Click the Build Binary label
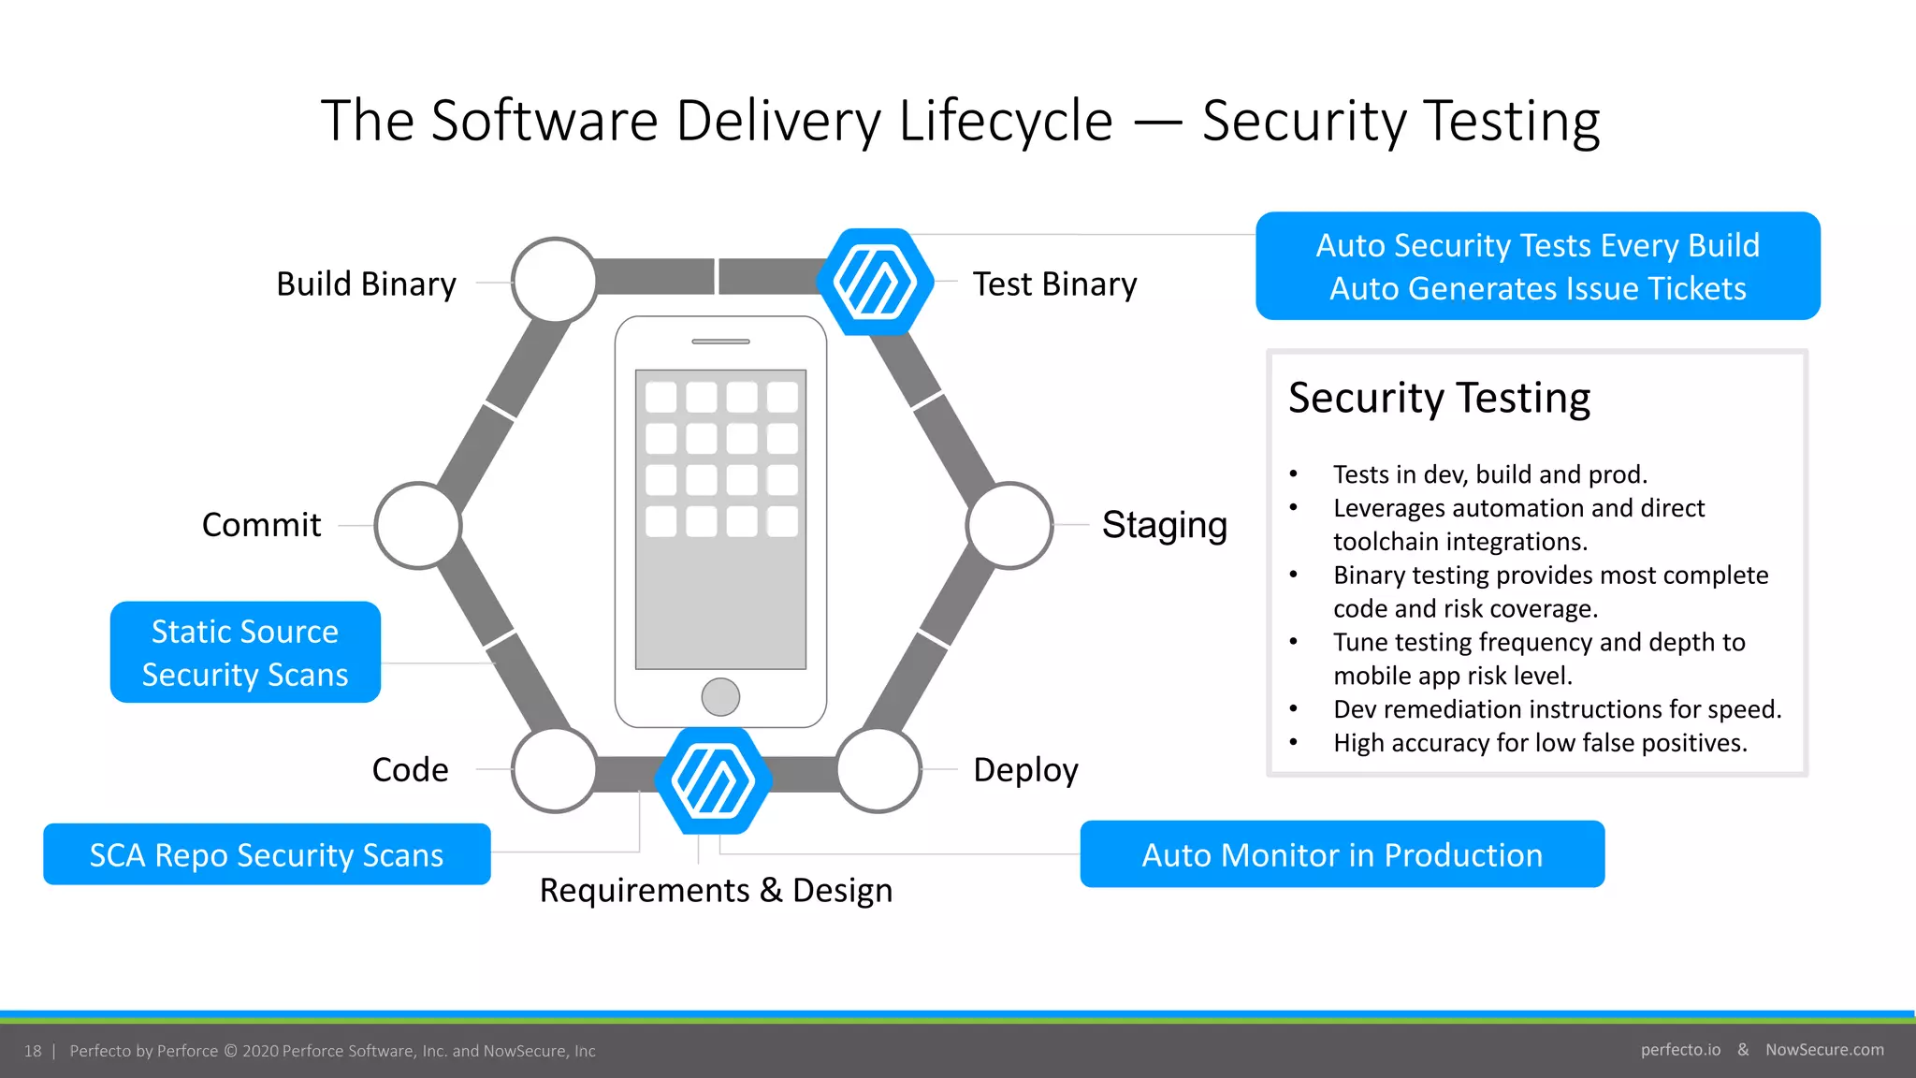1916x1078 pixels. click(366, 284)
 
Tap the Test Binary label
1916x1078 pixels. click(1054, 284)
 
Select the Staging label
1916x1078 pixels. click(1164, 525)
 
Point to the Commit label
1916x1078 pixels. click(261, 525)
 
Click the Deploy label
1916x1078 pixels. click(1025, 769)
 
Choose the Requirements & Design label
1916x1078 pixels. click(716, 890)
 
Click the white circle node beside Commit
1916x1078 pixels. click(417, 526)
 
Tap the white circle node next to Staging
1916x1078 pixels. click(1009, 526)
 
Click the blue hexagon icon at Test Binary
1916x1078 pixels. click(875, 281)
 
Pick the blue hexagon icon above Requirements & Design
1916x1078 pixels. click(713, 780)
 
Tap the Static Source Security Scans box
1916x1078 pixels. click(245, 652)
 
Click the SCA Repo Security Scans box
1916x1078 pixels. click(267, 854)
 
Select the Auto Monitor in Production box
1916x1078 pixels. click(1342, 854)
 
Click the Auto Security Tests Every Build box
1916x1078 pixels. click(1537, 267)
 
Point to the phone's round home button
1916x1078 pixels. click(720, 696)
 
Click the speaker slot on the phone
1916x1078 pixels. click(720, 342)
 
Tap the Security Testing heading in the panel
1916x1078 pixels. click(1439, 398)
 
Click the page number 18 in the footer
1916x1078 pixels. click(33, 1051)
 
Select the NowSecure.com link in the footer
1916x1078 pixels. click(1824, 1050)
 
